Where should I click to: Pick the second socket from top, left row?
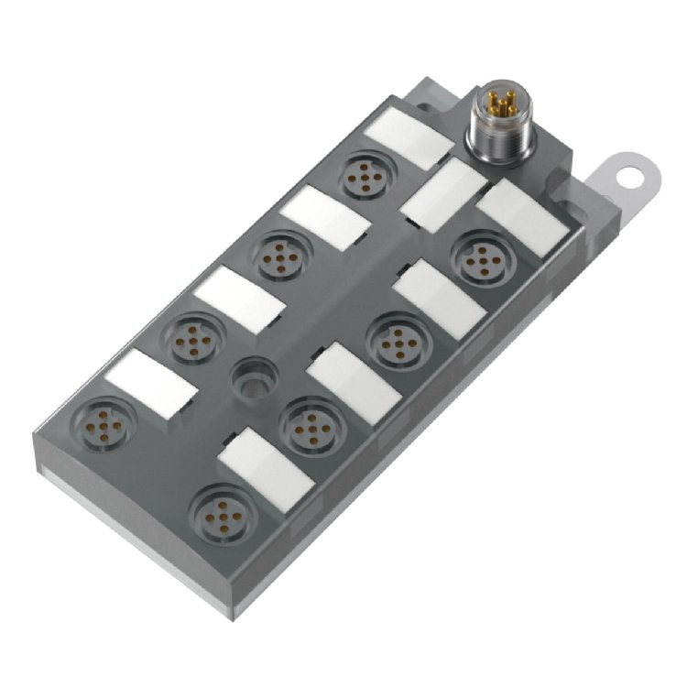pyautogui.click(x=278, y=256)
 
